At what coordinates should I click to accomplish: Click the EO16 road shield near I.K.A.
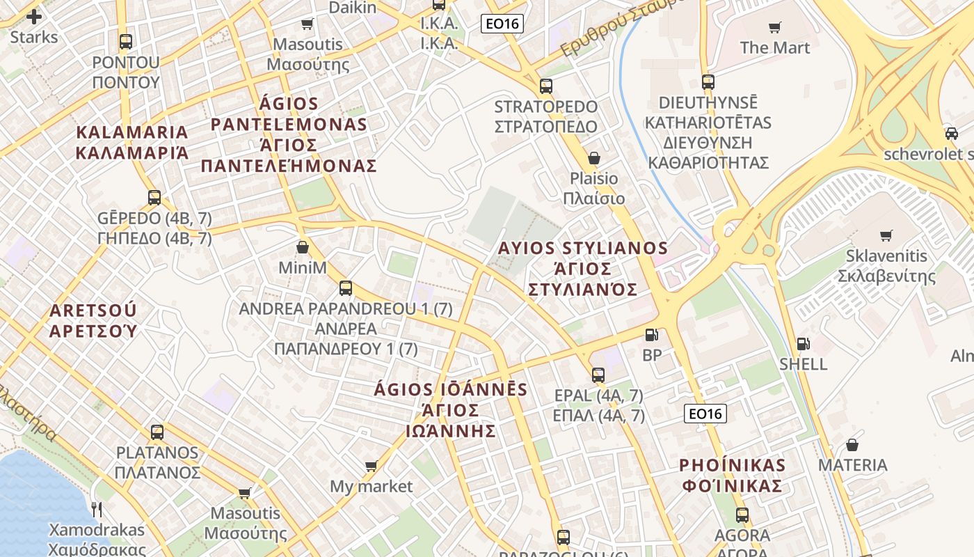point(502,24)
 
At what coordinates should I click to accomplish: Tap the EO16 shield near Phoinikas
point(705,414)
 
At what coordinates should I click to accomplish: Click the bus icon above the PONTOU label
point(125,42)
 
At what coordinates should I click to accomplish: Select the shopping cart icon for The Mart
point(774,27)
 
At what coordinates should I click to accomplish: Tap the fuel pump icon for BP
point(651,335)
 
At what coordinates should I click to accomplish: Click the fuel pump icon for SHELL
point(803,344)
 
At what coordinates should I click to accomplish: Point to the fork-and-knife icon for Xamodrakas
point(97,510)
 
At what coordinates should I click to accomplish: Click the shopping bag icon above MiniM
point(303,247)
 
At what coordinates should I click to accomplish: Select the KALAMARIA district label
point(131,142)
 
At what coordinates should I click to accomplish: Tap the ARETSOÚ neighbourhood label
point(93,320)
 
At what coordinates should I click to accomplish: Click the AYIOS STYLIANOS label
point(583,268)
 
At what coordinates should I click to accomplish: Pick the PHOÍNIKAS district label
point(732,476)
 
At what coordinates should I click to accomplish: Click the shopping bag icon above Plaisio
point(593,158)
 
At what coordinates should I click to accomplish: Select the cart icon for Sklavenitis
point(886,235)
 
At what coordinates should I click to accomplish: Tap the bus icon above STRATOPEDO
point(546,86)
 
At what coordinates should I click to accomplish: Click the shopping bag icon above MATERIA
point(852,445)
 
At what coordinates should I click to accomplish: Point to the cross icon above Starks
point(33,16)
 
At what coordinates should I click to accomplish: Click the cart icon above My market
point(371,466)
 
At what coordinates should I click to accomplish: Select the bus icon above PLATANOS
point(157,432)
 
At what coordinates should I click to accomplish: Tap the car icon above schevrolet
point(951,133)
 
